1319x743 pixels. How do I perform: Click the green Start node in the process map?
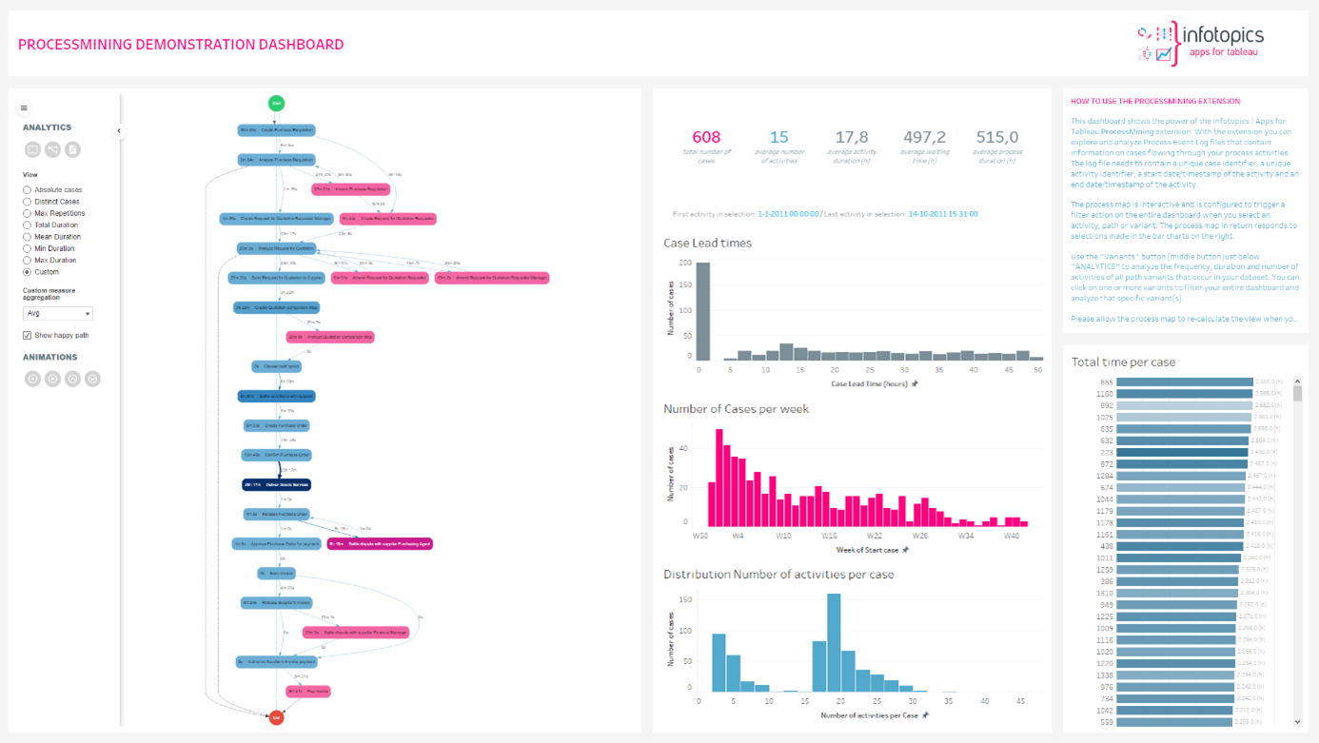(x=276, y=103)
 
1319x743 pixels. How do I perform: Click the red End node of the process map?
(x=276, y=717)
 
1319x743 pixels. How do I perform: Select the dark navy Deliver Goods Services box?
(x=276, y=484)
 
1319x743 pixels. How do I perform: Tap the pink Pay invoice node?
(x=308, y=692)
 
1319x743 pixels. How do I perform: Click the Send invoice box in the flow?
(x=277, y=574)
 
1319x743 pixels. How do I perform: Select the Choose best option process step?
(x=277, y=366)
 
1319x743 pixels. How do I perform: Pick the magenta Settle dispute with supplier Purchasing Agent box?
(x=380, y=544)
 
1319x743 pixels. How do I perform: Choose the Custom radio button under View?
(x=28, y=272)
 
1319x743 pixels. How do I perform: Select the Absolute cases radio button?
(x=28, y=190)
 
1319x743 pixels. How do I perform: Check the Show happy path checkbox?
(x=28, y=336)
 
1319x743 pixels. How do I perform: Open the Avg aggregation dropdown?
(x=58, y=313)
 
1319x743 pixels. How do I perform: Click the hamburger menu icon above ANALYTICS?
(x=24, y=108)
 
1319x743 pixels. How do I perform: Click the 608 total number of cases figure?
(x=706, y=138)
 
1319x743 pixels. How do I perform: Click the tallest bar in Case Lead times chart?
(x=703, y=311)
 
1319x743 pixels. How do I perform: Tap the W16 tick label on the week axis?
(x=830, y=536)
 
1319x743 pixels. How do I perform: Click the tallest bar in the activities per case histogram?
(x=834, y=642)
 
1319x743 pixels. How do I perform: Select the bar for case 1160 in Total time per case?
(x=1184, y=394)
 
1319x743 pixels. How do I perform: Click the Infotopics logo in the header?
(x=1201, y=43)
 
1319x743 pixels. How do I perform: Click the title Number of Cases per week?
(x=736, y=409)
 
